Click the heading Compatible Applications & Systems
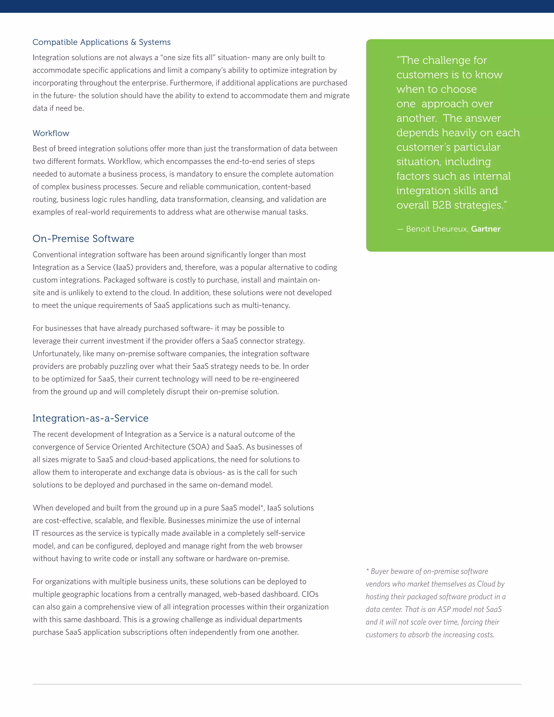[x=101, y=42]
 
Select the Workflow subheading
[x=51, y=133]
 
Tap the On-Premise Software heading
[x=83, y=239]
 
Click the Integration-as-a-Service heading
[x=90, y=418]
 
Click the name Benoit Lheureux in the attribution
[x=437, y=229]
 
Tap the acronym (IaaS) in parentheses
[x=123, y=268]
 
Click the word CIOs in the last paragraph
[x=310, y=594]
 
